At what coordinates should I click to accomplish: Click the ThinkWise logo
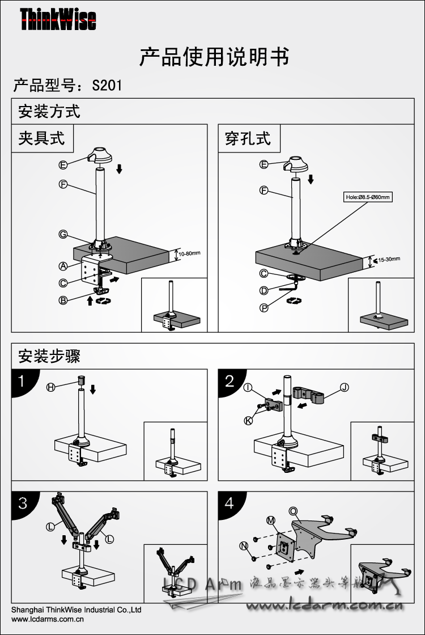coord(58,20)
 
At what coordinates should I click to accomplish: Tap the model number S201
coord(107,86)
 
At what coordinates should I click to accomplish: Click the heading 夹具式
coord(41,138)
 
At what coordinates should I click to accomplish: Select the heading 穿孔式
coord(248,138)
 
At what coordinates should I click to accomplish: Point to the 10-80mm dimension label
coord(190,253)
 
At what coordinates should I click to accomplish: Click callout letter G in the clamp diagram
coord(63,235)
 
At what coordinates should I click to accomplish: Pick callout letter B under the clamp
coord(63,300)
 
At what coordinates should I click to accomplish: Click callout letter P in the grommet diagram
coord(263,307)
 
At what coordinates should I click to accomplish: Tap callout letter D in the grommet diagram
coord(263,290)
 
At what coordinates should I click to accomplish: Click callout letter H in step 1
coord(51,387)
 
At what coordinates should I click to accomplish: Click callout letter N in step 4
coord(244,545)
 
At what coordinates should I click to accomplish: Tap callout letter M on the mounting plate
coord(271,520)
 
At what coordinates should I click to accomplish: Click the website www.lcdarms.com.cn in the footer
coord(48,620)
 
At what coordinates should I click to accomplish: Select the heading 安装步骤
coord(49,356)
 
